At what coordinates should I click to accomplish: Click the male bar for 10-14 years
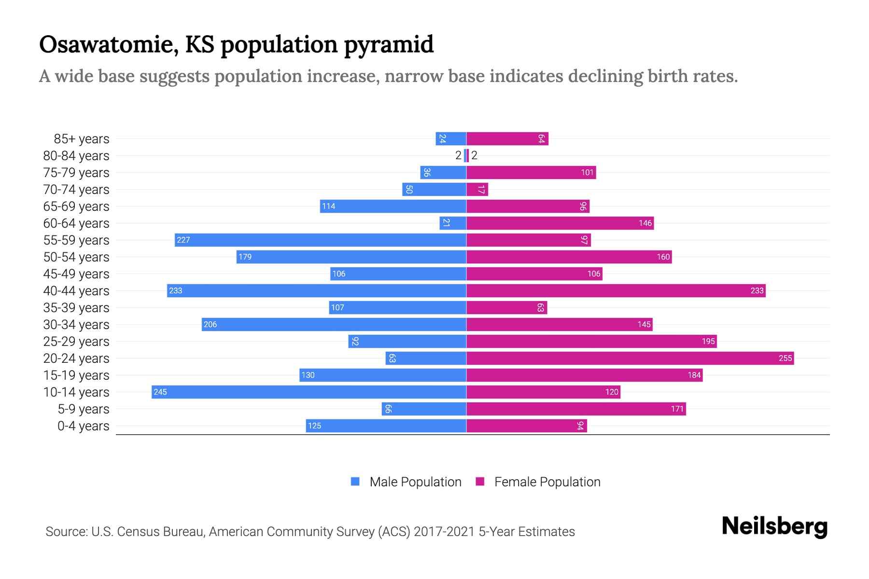point(309,392)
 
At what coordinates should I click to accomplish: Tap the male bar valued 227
point(321,240)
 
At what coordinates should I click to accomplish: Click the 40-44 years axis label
point(76,290)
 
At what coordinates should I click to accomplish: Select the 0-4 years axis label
point(83,426)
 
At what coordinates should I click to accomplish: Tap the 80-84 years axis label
point(76,155)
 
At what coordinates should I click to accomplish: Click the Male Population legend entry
point(406,482)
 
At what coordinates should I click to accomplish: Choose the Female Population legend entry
point(538,482)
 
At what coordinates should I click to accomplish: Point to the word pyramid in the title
point(389,44)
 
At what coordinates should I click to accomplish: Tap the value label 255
point(785,358)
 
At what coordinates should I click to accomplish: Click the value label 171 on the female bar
point(677,409)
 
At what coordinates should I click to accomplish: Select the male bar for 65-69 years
point(393,206)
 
